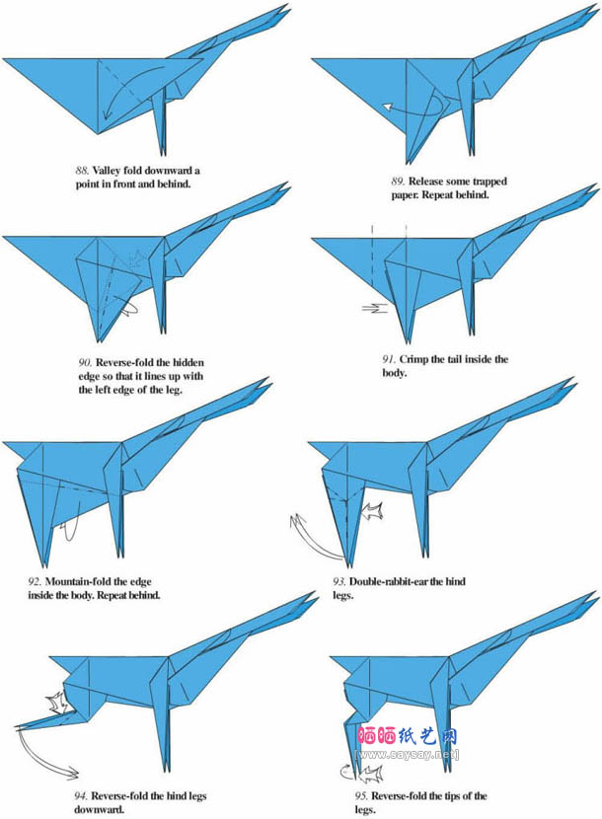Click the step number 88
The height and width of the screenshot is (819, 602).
(82, 171)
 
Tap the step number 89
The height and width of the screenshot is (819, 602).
(398, 182)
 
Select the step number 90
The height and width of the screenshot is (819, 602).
(85, 362)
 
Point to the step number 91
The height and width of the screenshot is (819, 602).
(388, 359)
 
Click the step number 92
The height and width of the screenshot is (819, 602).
(35, 582)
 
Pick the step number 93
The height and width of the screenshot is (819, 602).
(339, 582)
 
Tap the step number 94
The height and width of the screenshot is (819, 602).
(81, 796)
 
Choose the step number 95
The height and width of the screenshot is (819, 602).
(361, 796)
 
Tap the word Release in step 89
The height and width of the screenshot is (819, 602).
(426, 182)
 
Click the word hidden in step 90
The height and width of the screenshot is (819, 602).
(188, 362)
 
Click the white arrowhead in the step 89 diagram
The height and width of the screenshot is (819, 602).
(387, 107)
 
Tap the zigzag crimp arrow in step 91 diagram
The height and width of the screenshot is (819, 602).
(375, 308)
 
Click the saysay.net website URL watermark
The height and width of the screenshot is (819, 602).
(407, 755)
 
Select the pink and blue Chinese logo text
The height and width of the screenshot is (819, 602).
(408, 736)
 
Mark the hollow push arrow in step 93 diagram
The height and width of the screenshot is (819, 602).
(373, 511)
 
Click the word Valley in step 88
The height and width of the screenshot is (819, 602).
(108, 171)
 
